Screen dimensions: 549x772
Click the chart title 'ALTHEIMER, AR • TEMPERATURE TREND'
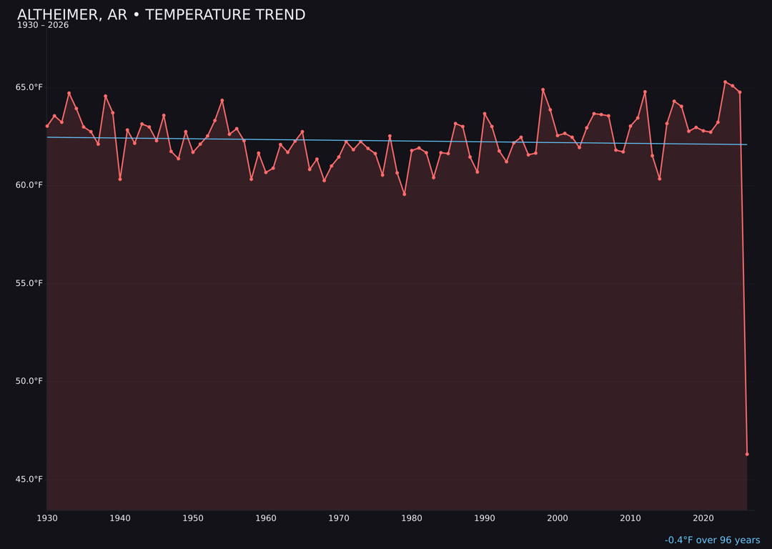click(x=161, y=15)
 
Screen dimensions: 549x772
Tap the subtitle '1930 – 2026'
click(x=43, y=26)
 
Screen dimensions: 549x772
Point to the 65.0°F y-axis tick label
click(x=30, y=87)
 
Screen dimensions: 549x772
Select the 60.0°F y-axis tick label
click(x=30, y=185)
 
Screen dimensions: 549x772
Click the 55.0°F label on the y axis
click(x=30, y=283)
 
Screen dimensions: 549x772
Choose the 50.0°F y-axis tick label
click(x=30, y=381)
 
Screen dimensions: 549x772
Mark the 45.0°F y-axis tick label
click(x=30, y=479)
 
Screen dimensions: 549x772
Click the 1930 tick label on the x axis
click(x=47, y=518)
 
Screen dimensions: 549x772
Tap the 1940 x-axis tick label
click(x=120, y=518)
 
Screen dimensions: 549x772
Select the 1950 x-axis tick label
click(x=193, y=518)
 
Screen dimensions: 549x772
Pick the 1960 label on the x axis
click(x=266, y=518)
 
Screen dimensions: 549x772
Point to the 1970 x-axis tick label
click(x=339, y=518)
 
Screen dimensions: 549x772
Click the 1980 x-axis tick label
click(x=412, y=518)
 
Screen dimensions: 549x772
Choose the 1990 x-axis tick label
click(x=485, y=518)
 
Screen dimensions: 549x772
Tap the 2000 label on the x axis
click(x=558, y=518)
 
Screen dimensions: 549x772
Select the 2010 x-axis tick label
click(x=630, y=518)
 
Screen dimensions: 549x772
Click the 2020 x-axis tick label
click(x=703, y=518)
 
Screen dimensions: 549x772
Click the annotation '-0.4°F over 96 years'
click(x=712, y=540)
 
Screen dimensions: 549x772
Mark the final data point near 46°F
click(x=747, y=454)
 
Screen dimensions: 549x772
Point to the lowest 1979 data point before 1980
click(x=405, y=194)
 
